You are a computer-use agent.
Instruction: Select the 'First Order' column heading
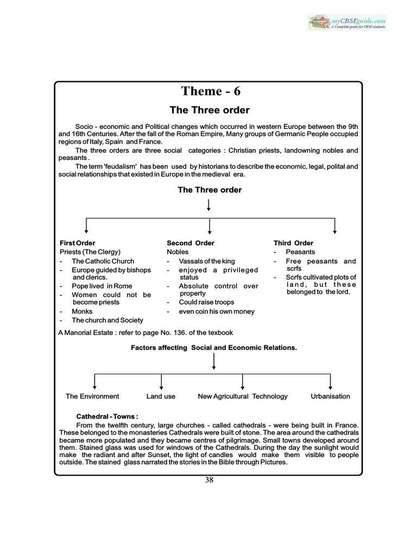[78, 243]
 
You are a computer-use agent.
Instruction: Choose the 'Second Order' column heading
[191, 243]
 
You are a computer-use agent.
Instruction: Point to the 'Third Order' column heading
[293, 243]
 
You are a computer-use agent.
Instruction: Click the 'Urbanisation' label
[330, 397]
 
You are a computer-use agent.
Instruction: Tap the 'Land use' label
[161, 397]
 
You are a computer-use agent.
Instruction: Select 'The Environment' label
[92, 397]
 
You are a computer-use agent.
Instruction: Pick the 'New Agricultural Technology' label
[243, 397]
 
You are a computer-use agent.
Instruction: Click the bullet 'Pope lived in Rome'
[102, 286]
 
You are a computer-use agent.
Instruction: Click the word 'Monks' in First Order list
[83, 312]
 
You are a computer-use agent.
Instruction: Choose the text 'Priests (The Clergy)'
[90, 252]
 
